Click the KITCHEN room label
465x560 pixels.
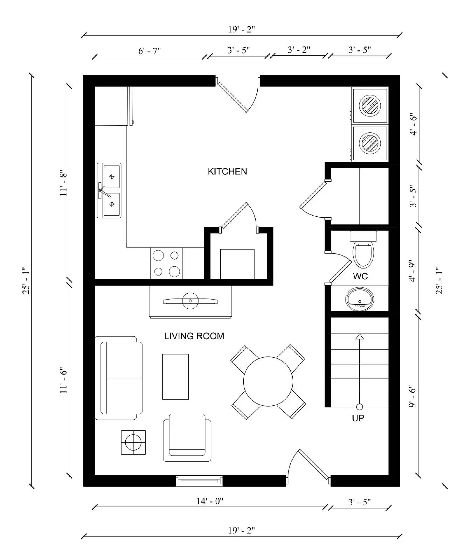227,171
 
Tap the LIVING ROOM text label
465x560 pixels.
194,336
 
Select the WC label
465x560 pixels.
360,276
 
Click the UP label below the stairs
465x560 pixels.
358,418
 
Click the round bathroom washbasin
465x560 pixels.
360,299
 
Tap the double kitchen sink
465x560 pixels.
109,190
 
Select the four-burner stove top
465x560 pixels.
166,264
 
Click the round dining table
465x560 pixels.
268,381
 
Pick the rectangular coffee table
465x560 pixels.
175,377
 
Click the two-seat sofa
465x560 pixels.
119,378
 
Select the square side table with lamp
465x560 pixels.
133,442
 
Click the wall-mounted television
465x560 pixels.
190,301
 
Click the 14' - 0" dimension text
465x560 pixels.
210,501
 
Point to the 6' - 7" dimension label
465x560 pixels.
150,51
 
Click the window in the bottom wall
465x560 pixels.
199,481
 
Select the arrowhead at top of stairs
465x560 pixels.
360,337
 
